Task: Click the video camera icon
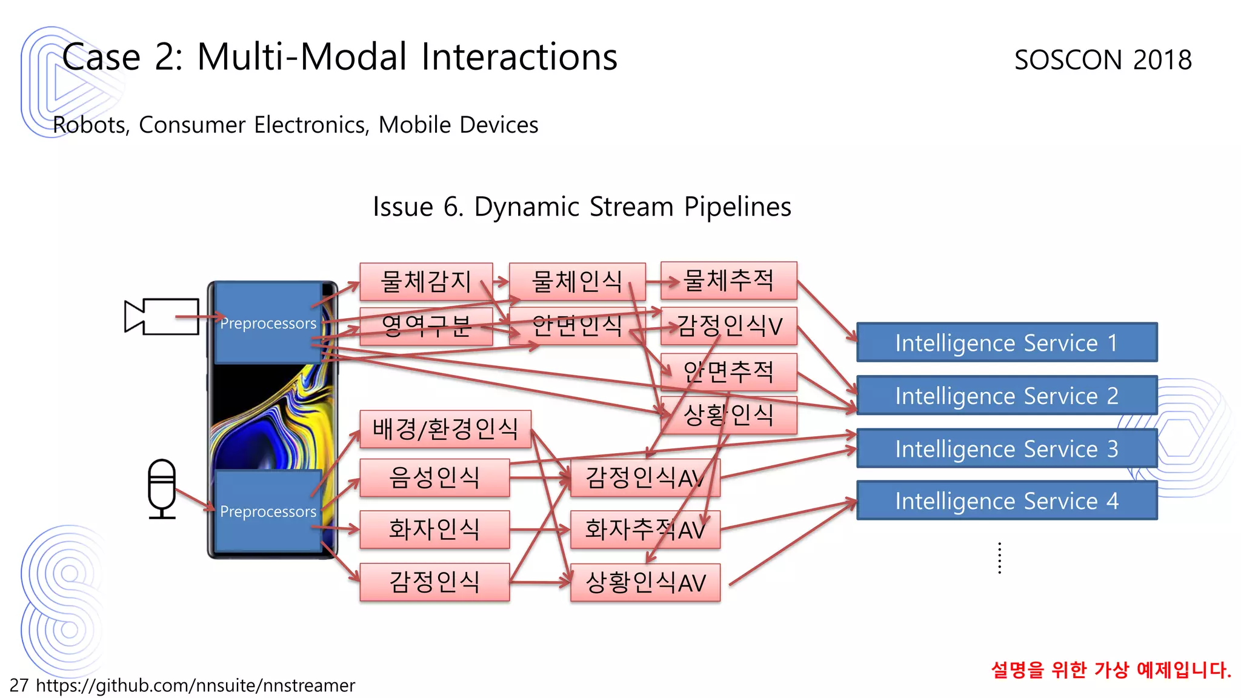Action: pos(162,316)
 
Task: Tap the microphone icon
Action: pos(162,488)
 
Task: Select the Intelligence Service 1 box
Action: pos(1006,343)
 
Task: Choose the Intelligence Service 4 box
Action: pos(1006,500)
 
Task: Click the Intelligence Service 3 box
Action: pos(1006,448)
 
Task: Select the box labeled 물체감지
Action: pos(426,281)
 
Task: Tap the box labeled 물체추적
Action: pos(728,281)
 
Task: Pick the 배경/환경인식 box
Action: pos(445,429)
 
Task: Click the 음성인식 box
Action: pos(434,477)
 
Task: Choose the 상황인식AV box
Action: pos(645,583)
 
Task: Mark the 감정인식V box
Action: pos(728,326)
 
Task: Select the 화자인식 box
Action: pos(434,530)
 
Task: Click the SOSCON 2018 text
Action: pos(1103,60)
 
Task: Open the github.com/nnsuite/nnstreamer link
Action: pos(195,685)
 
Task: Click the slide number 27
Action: pos(19,685)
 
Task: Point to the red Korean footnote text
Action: pos(1111,670)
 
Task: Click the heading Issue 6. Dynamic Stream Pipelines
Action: pos(582,207)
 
